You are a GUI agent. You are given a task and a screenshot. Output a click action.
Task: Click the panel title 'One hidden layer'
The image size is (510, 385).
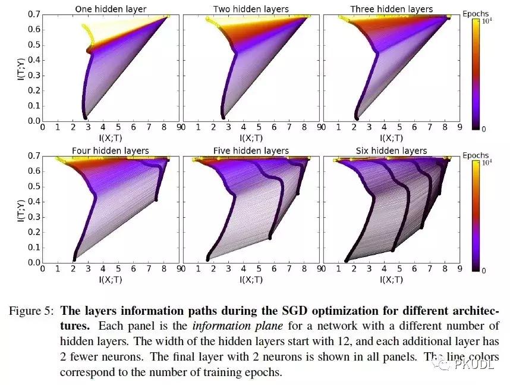click(111, 9)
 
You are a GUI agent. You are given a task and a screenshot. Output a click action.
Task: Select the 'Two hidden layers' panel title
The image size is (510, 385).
click(251, 9)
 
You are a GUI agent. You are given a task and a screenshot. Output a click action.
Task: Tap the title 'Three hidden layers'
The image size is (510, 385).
click(391, 9)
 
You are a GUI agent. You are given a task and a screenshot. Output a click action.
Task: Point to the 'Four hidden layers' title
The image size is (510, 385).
click(111, 151)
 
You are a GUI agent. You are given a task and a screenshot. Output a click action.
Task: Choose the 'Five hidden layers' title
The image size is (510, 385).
click(251, 151)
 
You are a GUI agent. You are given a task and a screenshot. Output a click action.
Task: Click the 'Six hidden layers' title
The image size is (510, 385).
click(391, 151)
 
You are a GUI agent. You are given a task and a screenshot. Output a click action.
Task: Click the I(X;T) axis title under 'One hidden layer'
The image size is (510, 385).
click(111, 137)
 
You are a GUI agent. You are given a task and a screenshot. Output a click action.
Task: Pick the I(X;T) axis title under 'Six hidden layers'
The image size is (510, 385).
click(391, 279)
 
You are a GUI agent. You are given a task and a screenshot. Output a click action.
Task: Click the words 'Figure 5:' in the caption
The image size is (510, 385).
click(33, 311)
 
